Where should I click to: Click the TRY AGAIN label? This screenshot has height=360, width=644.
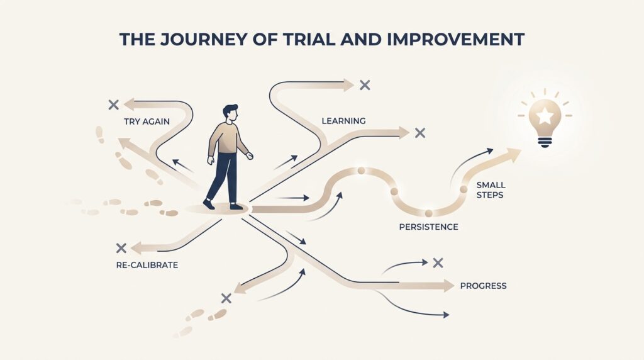click(x=147, y=121)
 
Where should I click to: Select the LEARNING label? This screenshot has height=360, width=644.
click(x=343, y=121)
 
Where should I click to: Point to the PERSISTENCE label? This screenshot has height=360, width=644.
click(x=428, y=227)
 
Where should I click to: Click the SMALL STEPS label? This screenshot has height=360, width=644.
click(x=491, y=190)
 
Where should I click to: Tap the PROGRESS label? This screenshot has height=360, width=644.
click(x=483, y=286)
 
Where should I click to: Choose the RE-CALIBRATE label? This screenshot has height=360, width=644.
click(x=147, y=265)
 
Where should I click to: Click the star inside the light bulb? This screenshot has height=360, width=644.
click(x=545, y=116)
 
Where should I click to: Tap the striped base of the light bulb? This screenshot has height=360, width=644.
click(x=545, y=142)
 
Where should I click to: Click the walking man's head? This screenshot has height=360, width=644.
click(x=230, y=113)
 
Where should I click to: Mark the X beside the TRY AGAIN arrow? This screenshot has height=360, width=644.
click(x=113, y=104)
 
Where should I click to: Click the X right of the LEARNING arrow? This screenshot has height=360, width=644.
click(x=419, y=133)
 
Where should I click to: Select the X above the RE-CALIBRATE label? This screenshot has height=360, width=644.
click(x=121, y=248)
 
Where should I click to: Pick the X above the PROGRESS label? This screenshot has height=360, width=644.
click(x=438, y=262)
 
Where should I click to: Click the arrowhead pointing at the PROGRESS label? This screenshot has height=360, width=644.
click(x=448, y=285)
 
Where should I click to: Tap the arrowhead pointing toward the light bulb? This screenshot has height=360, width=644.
click(x=513, y=155)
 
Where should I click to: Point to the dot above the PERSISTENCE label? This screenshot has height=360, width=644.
click(x=428, y=213)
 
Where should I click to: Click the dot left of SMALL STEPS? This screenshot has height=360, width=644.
click(x=464, y=189)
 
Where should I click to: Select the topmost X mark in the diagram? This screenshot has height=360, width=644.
click(x=365, y=85)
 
